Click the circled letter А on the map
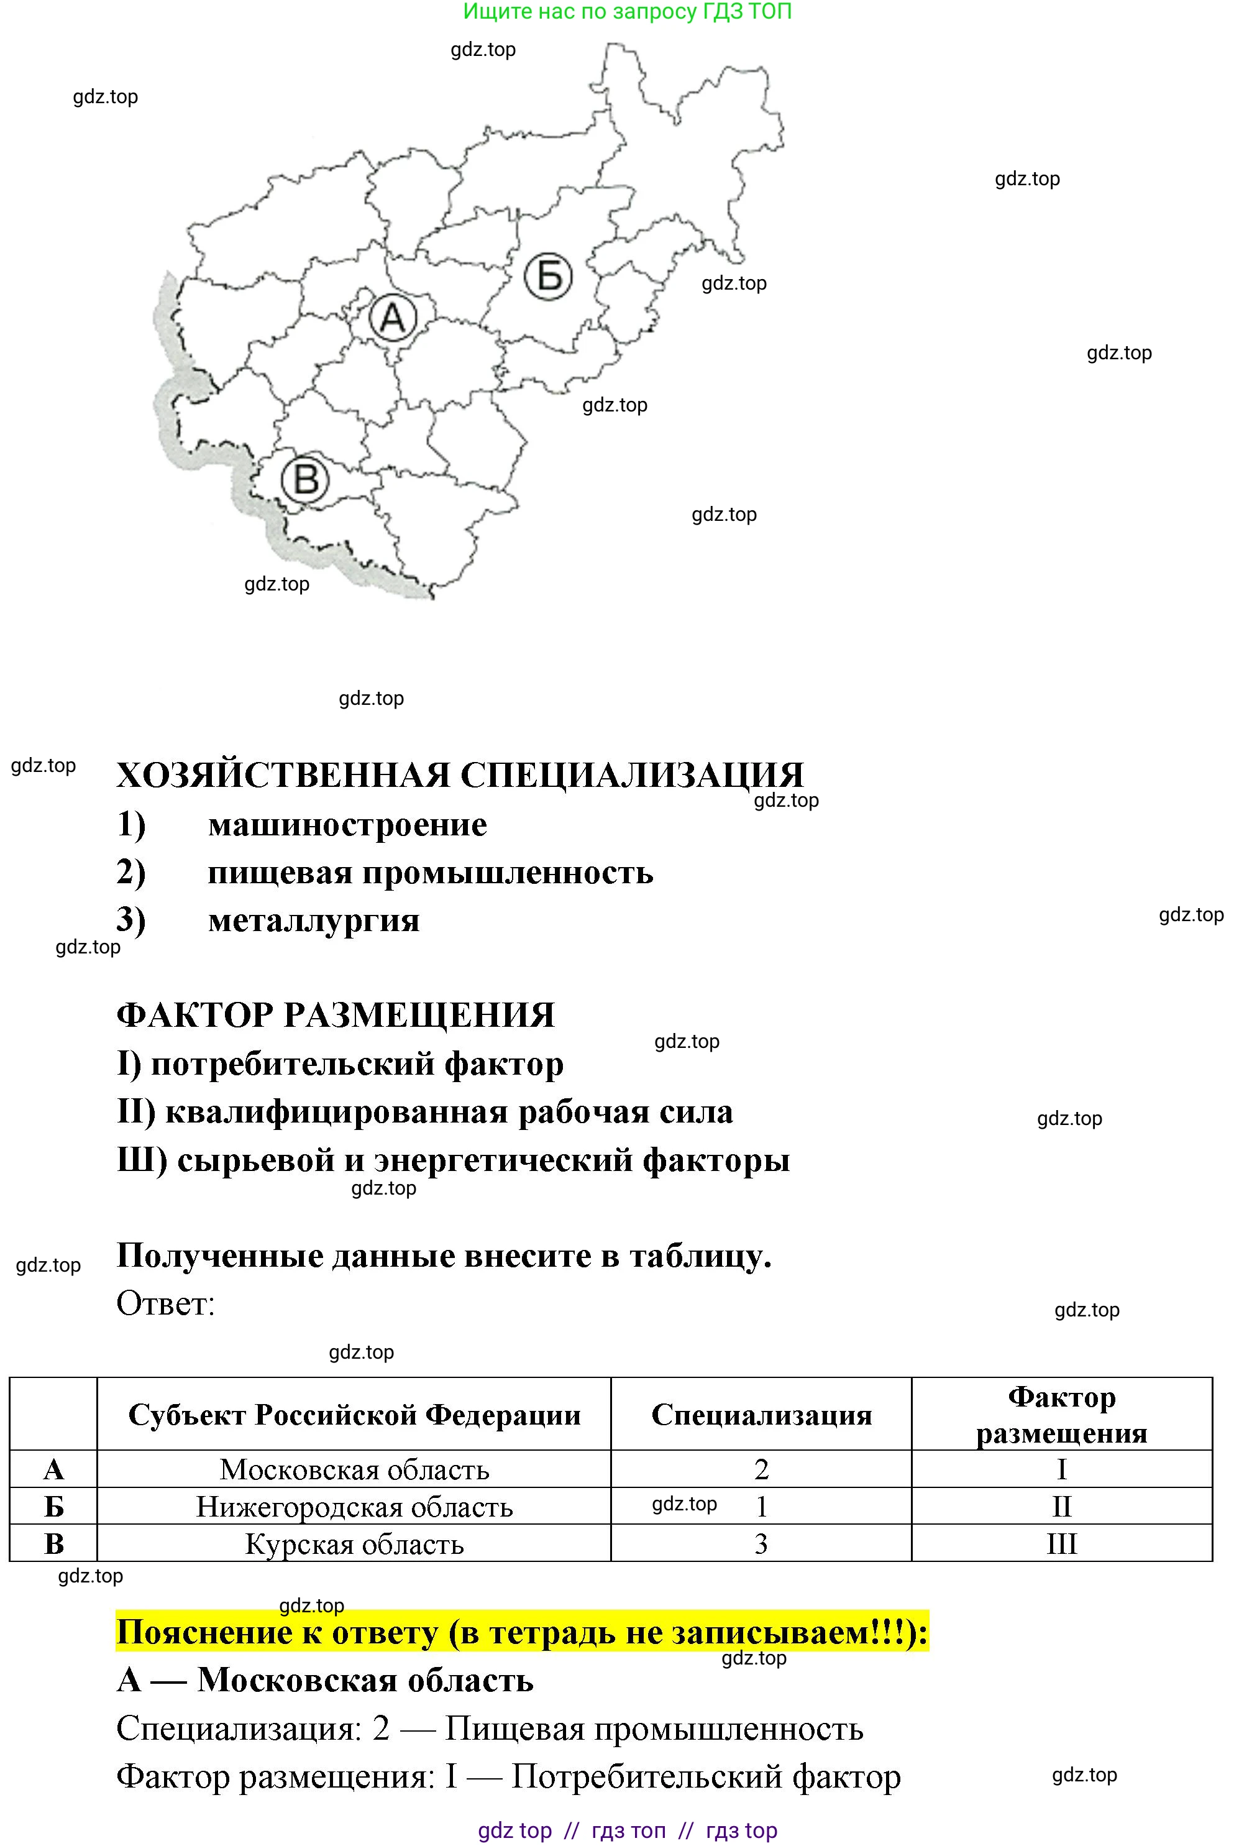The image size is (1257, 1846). [392, 318]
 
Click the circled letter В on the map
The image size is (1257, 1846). [306, 480]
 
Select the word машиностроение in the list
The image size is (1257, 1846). [347, 825]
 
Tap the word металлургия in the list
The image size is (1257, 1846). [314, 921]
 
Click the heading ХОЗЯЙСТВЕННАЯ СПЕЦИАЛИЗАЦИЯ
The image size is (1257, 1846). [460, 775]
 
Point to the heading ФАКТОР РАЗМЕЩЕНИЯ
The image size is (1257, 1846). [335, 1015]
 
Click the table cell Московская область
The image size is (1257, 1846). [354, 1469]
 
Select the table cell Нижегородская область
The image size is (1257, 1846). [354, 1507]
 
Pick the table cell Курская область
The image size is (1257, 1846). [354, 1543]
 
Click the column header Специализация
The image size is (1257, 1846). [761, 1415]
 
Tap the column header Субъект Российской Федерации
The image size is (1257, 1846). [354, 1415]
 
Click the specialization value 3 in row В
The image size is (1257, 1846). [761, 1543]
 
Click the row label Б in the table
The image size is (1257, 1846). [53, 1507]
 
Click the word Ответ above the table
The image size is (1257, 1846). [165, 1303]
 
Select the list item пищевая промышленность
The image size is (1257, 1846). [429, 873]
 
